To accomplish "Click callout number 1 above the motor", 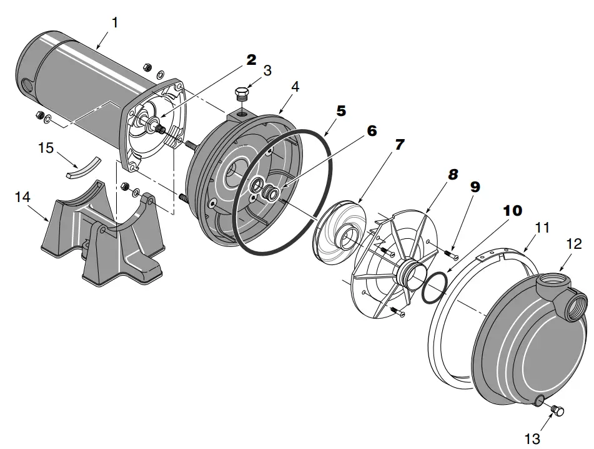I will [114, 22].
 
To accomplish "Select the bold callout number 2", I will [251, 60].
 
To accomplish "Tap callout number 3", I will [267, 70].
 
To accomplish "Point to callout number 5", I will [341, 111].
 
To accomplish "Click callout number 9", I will [475, 186].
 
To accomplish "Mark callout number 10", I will [512, 211].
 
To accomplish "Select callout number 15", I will [46, 149].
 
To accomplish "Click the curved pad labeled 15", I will [83, 165].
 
